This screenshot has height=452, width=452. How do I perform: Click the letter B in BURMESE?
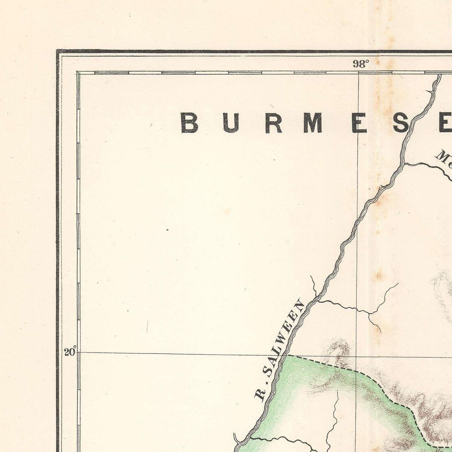[x=190, y=123]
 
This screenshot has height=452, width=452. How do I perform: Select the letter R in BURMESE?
[x=274, y=123]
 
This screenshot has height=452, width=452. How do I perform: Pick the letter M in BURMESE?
[x=314, y=123]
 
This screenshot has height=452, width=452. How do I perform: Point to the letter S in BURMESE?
[x=401, y=123]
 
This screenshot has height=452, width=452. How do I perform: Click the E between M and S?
[x=359, y=123]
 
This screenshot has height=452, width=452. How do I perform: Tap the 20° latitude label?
[x=70, y=352]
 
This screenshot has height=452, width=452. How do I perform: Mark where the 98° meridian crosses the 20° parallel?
[x=358, y=355]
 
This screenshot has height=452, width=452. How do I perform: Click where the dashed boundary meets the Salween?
[x=287, y=356]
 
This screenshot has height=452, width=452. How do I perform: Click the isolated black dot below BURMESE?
[x=168, y=230]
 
